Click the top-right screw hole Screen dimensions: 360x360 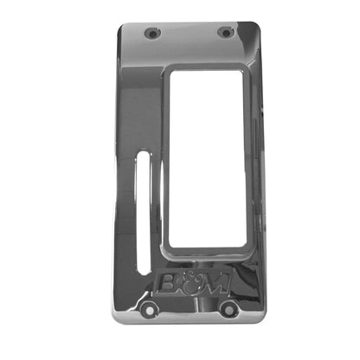[226, 33]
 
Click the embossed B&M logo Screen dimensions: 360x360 [190, 284]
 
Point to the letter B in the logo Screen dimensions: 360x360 [170, 284]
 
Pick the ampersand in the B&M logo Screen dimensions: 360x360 [190, 283]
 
